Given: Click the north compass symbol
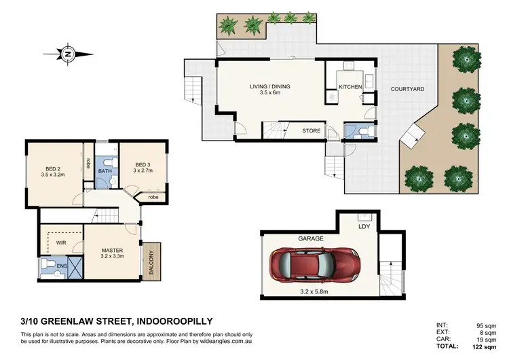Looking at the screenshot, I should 68,52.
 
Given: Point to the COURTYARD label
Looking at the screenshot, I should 407,89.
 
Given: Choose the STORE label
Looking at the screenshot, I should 312,130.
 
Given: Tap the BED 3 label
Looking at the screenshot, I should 143,165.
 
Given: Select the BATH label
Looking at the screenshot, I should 105,170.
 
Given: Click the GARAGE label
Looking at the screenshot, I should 309,239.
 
